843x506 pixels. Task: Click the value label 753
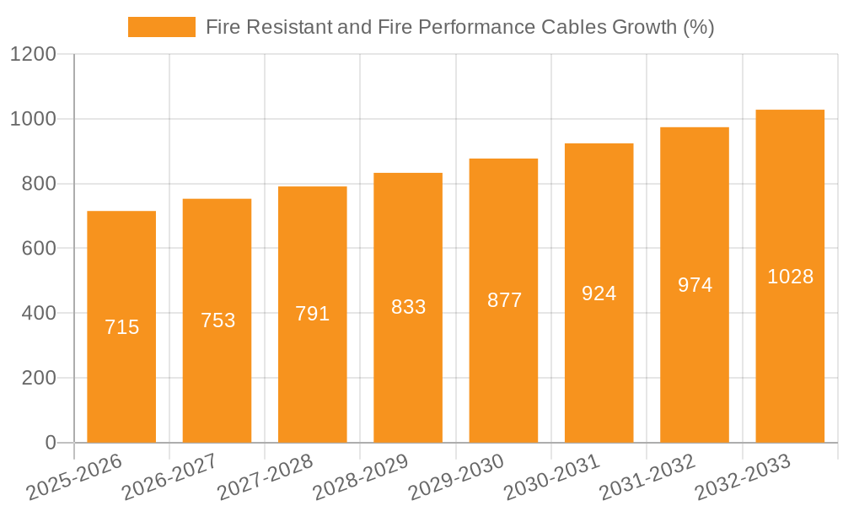(217, 320)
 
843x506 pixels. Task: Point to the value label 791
(313, 314)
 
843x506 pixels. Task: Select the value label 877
(504, 300)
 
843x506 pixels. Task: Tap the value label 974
(695, 285)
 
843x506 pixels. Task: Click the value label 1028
(790, 277)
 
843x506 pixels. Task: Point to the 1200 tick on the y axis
(33, 55)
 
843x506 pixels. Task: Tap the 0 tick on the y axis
(50, 443)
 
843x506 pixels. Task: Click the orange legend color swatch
(161, 27)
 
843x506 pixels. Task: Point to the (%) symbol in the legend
(699, 27)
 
